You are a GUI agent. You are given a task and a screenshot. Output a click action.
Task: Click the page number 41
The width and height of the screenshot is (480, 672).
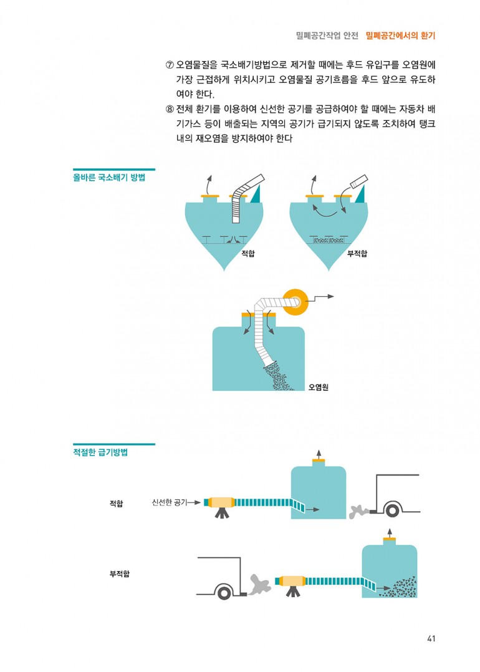click(x=431, y=638)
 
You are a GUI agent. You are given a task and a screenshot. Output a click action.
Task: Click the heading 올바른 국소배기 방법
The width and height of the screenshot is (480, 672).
click(x=109, y=178)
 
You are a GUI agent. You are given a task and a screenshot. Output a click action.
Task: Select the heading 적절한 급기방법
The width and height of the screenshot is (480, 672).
click(x=101, y=452)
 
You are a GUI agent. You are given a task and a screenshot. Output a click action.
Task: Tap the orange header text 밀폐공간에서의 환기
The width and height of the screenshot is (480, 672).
click(x=401, y=36)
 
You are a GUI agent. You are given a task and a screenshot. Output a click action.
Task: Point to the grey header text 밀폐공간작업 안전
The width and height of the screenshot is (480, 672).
click(x=327, y=36)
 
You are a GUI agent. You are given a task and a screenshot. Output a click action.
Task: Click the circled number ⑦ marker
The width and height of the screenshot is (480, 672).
click(x=170, y=65)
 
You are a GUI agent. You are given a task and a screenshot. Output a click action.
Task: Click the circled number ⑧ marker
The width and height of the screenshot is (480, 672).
click(x=170, y=109)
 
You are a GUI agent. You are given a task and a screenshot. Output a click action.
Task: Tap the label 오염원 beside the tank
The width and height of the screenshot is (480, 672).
click(x=319, y=387)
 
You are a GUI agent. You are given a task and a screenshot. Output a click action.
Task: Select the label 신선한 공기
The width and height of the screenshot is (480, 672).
click(x=170, y=502)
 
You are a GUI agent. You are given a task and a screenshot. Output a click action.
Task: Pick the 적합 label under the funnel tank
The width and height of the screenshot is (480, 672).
click(x=247, y=253)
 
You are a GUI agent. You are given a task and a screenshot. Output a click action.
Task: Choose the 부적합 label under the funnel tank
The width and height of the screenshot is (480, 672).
click(x=357, y=253)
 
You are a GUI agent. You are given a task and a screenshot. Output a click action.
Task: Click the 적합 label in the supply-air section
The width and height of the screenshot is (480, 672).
click(x=116, y=503)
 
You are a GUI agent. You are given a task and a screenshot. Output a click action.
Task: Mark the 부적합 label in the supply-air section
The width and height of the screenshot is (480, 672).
click(x=120, y=574)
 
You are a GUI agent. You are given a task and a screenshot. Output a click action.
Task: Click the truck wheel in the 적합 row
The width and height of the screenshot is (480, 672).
click(x=392, y=510)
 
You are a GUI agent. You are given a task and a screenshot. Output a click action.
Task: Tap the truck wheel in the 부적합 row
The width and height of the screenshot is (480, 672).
click(x=224, y=593)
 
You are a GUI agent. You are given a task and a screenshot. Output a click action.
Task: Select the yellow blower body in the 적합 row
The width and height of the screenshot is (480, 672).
click(x=221, y=502)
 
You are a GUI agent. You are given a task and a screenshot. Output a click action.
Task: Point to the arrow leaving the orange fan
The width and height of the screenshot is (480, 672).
click(x=321, y=297)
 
